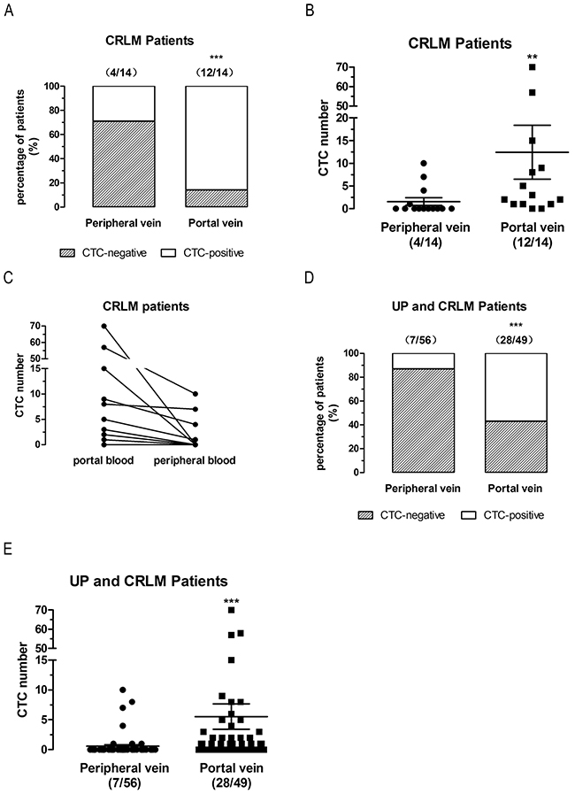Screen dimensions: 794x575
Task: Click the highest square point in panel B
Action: click(x=533, y=67)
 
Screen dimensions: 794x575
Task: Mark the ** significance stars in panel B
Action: click(x=533, y=58)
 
